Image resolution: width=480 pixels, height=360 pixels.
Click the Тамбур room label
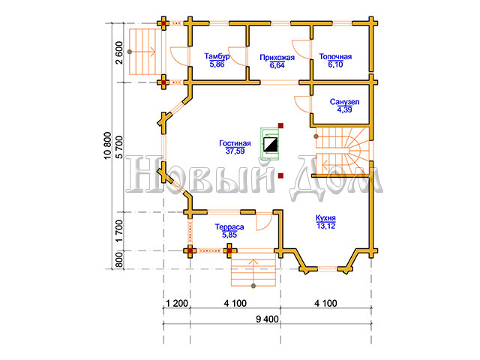click(217, 57)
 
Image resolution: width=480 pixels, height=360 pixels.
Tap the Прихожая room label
click(277, 58)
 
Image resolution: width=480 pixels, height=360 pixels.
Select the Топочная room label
click(335, 57)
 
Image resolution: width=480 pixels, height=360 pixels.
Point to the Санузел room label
click(344, 102)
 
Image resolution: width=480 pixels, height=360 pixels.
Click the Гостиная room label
click(235, 143)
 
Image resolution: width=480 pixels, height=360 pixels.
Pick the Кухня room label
click(325, 218)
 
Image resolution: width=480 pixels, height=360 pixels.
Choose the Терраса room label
click(229, 226)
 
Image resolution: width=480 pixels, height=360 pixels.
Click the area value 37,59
click(235, 151)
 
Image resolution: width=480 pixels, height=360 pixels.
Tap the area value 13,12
click(325, 226)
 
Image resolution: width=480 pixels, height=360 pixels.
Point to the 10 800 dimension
click(107, 145)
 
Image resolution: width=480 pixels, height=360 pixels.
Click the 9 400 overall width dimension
click(267, 319)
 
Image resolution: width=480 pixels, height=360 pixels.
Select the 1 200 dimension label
click(177, 303)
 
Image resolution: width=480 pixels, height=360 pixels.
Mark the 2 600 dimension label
click(118, 52)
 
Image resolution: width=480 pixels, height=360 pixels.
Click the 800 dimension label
click(118, 260)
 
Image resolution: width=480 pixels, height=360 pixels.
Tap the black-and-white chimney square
click(271, 145)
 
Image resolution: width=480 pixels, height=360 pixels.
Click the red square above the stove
click(280, 125)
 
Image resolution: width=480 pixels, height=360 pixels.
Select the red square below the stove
click(280, 175)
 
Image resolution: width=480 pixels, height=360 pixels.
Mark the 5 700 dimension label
click(118, 147)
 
